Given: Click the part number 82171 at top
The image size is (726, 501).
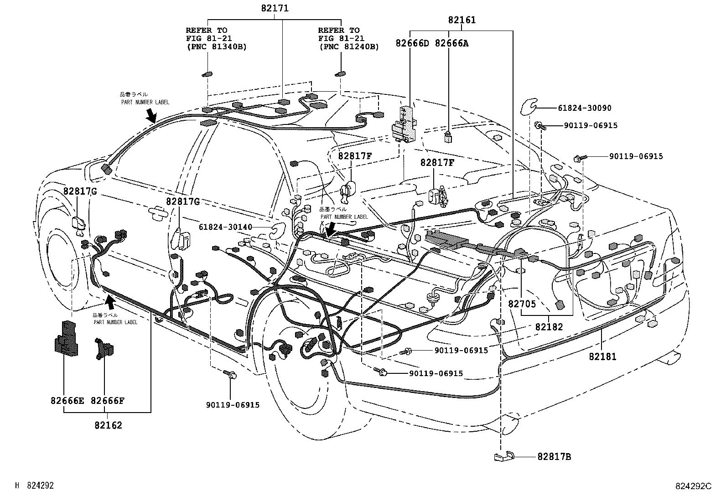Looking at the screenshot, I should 275,8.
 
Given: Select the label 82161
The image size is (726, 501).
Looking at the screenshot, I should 462,20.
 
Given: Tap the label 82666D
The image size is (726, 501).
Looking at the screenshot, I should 412,43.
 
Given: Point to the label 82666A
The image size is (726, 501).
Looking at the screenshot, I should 451,43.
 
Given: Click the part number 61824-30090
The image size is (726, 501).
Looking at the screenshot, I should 584,108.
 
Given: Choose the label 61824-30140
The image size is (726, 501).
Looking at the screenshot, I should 226,227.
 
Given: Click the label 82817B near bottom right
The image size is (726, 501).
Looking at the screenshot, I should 554,457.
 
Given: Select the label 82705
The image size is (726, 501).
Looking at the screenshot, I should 522,304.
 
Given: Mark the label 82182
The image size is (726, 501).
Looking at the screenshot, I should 549,327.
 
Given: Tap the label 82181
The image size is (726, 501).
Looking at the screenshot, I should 602,356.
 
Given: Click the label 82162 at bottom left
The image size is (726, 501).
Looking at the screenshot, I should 109,425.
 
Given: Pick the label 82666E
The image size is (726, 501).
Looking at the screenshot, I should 67,401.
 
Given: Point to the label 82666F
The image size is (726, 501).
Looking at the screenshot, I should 108,401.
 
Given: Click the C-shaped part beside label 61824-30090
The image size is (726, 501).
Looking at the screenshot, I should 529,108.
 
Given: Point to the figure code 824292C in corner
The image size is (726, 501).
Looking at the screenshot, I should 693,486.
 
